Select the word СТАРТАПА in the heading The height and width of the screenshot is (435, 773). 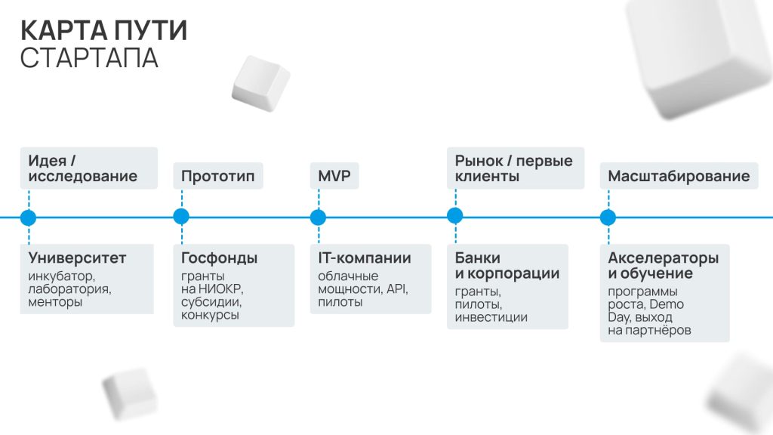click(x=89, y=58)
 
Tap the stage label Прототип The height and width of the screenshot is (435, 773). click(x=218, y=177)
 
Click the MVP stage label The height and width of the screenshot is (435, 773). click(x=334, y=177)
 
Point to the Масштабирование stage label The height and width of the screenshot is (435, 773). click(x=679, y=177)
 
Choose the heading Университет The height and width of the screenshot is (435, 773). click(x=78, y=258)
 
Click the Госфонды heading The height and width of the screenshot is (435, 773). click(x=220, y=258)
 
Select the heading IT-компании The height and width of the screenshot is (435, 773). click(x=365, y=258)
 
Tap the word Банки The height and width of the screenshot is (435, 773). click(x=478, y=258)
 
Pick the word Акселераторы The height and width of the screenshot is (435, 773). click(x=664, y=258)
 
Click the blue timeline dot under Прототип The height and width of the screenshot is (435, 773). click(x=181, y=217)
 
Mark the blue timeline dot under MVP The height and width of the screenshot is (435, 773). click(x=319, y=217)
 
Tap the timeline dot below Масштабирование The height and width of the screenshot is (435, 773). click(x=608, y=217)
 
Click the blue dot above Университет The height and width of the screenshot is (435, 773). click(x=29, y=217)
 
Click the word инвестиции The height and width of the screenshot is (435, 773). click(x=491, y=317)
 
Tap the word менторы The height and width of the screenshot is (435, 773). click(x=55, y=302)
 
